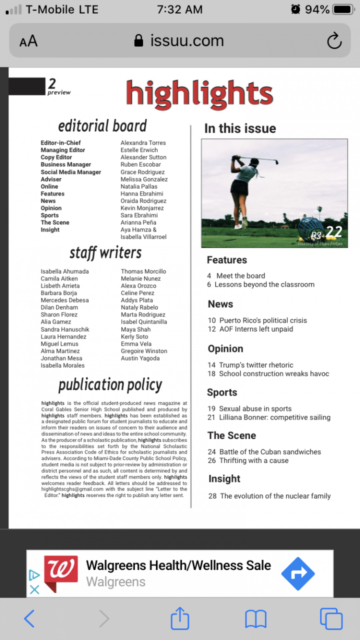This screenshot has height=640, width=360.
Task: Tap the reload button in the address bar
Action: coord(334,41)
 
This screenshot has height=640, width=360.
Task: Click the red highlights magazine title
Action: coord(199,94)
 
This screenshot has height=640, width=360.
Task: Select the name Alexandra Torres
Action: coord(143,143)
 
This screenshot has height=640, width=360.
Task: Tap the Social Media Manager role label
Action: coord(71,172)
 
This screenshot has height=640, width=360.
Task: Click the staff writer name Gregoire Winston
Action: coord(144,351)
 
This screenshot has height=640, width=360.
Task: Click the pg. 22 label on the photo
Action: coord(326,232)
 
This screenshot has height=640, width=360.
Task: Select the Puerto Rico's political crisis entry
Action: coord(262,320)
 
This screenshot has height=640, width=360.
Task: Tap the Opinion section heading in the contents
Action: coord(225,349)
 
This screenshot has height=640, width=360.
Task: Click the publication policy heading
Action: coord(110,384)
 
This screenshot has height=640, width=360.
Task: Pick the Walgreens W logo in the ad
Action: coord(61,573)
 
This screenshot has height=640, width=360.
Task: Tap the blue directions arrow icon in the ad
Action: coord(298,573)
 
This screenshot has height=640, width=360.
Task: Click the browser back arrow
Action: coord(29,619)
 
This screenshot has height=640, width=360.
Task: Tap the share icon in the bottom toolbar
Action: coord(180,618)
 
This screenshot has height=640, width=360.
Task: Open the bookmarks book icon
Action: coord(255,619)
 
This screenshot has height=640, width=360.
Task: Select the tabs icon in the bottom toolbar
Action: coord(331,619)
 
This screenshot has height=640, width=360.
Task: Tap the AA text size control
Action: coord(28,41)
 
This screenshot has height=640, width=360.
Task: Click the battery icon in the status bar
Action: coord(343,9)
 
